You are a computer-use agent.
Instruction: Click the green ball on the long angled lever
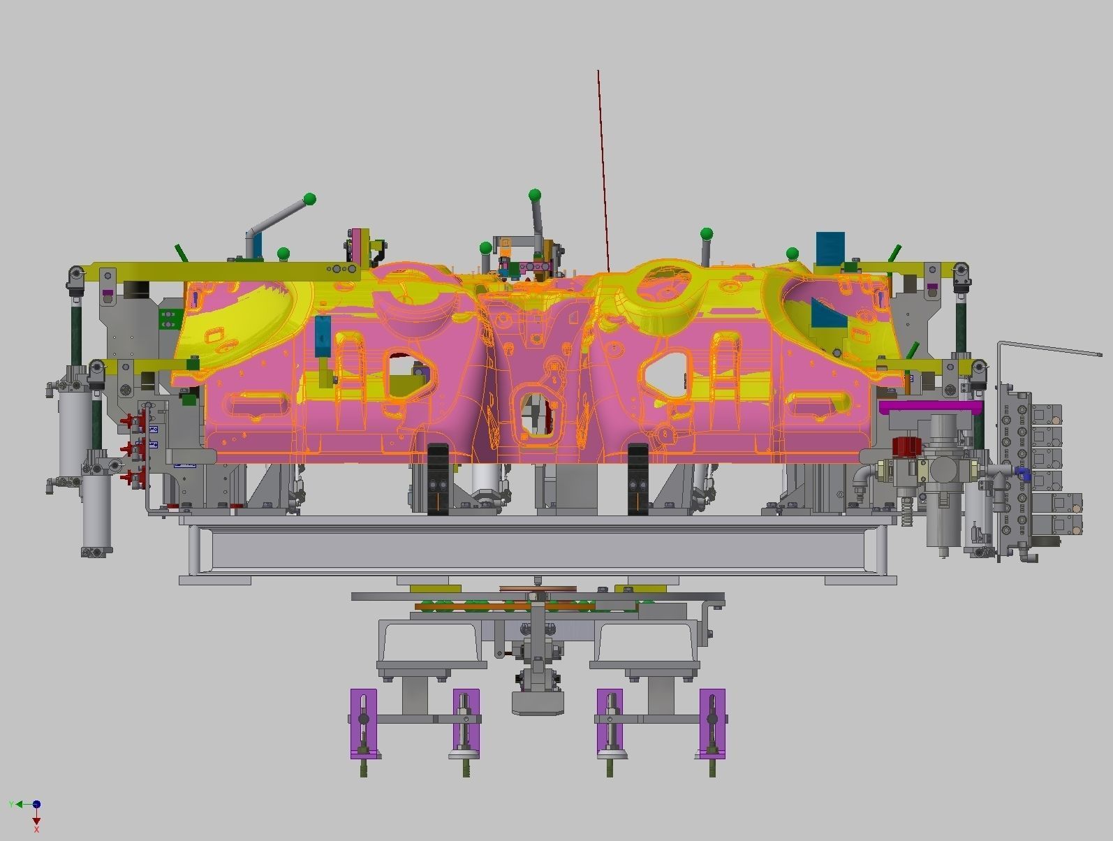coord(310,200)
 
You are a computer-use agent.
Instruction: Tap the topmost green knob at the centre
coord(535,194)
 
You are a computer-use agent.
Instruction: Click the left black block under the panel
coord(437,479)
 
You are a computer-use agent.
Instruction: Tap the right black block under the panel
coord(638,479)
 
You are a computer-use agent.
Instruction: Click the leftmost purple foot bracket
coord(363,723)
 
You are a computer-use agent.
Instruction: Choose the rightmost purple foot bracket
coord(712,723)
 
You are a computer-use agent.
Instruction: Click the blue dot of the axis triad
coord(36,805)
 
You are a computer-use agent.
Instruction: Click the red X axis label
coord(36,829)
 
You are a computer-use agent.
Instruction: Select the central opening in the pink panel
coord(536,415)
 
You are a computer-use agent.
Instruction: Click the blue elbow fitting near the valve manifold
coord(1024,474)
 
